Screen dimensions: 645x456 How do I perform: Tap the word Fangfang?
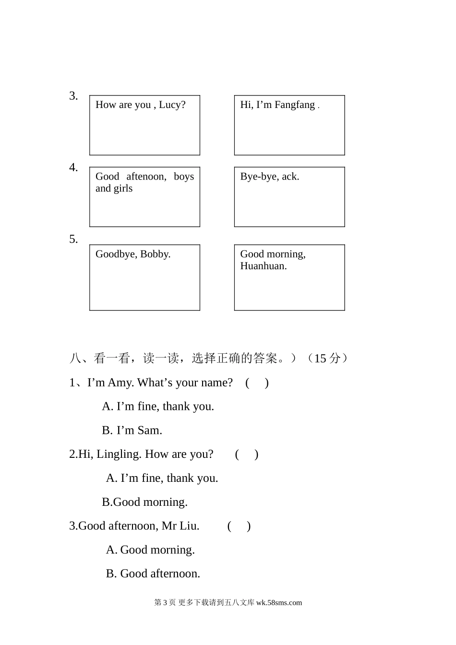[x=294, y=105]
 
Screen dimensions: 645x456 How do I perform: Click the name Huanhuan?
[x=263, y=266]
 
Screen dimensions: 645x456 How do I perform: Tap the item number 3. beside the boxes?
[x=73, y=96]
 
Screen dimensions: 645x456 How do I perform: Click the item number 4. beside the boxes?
[x=73, y=167]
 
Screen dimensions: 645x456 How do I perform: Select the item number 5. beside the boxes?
[x=73, y=239]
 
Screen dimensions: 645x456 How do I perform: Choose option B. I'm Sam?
[x=132, y=430]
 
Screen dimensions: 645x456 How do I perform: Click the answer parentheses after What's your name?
[x=257, y=383]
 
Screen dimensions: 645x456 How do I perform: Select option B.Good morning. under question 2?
[x=144, y=502]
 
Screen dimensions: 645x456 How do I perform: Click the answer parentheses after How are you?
[x=247, y=454]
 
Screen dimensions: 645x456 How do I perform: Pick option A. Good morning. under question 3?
[x=150, y=550]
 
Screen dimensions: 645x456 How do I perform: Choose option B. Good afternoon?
[x=153, y=574]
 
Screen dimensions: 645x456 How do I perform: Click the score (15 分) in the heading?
[x=327, y=358]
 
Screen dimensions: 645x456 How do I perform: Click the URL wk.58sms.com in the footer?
[x=279, y=603]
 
